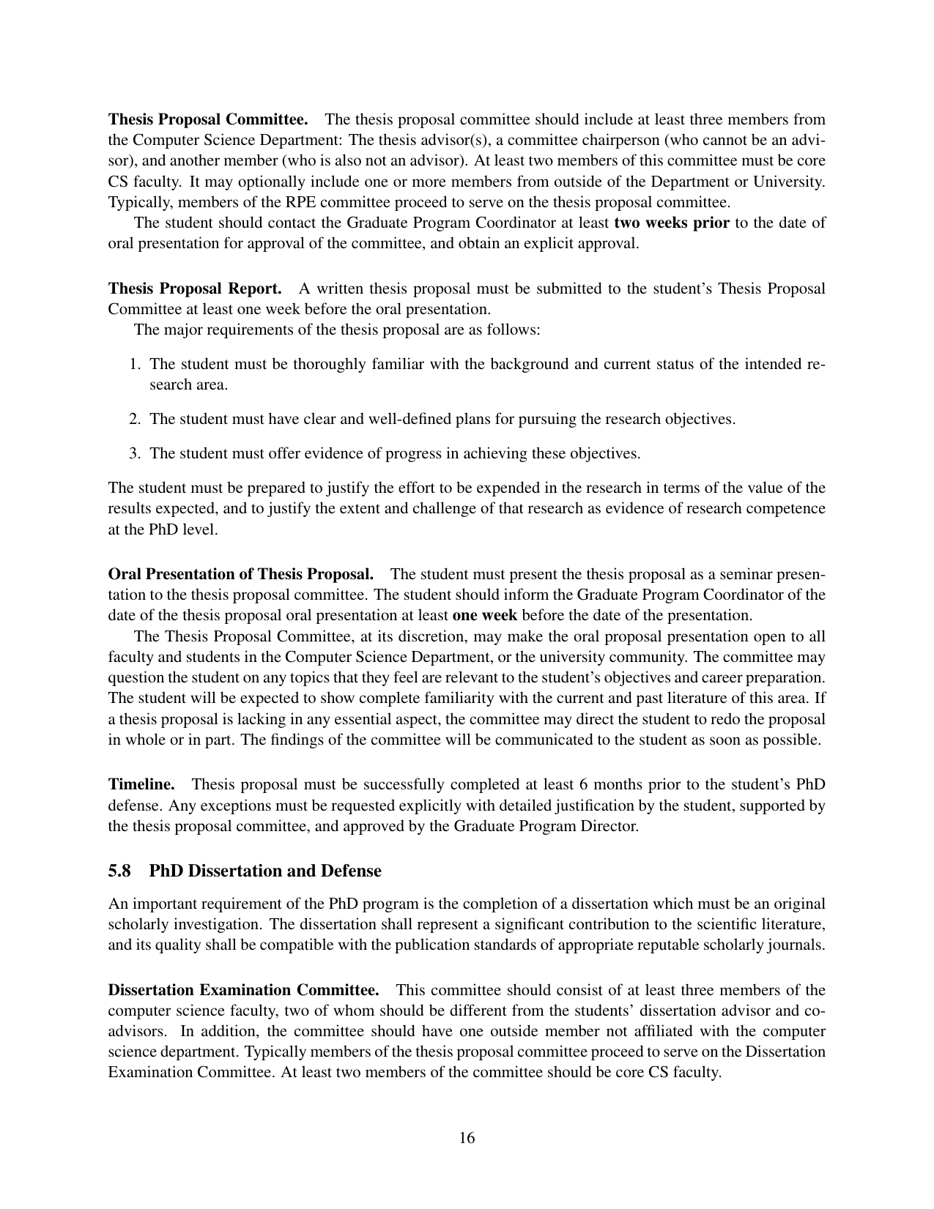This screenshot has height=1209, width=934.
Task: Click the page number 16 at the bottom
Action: click(x=467, y=1138)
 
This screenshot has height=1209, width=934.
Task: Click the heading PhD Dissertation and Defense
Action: click(x=265, y=871)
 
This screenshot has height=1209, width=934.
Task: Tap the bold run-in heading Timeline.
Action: click(x=141, y=785)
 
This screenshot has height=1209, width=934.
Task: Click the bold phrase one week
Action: click(x=485, y=615)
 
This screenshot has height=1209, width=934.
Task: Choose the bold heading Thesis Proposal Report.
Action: click(x=195, y=289)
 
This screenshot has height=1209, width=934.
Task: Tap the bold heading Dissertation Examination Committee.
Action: click(x=243, y=991)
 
